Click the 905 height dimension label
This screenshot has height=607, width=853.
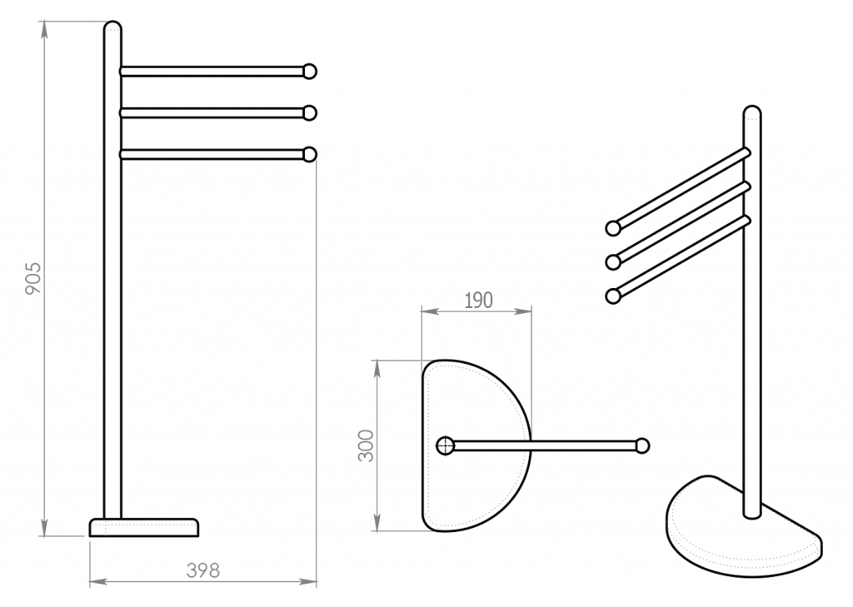pos(33,278)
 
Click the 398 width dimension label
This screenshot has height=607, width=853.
pos(203,570)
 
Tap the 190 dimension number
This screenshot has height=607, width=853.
pos(479,301)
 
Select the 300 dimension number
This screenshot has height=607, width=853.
pos(367,445)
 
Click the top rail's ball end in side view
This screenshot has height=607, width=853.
pos(310,72)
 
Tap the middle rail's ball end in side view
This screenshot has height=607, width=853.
pos(310,112)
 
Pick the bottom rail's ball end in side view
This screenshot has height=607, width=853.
pos(310,155)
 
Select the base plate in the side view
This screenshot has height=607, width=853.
pos(144,527)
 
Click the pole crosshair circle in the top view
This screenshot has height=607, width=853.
pos(446,446)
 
